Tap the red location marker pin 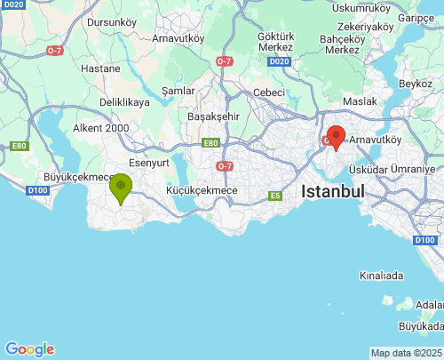pyautogui.click(x=336, y=137)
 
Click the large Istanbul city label pyautogui.click(x=333, y=191)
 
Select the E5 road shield pyautogui.click(x=275, y=196)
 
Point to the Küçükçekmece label pyautogui.click(x=202, y=190)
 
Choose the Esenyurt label pyautogui.click(x=149, y=163)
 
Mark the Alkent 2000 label pyautogui.click(x=100, y=128)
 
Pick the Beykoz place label pyautogui.click(x=415, y=83)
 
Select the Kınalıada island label pyautogui.click(x=383, y=276)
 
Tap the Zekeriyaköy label pyautogui.click(x=366, y=27)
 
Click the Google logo pyautogui.click(x=29, y=349)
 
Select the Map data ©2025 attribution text pyautogui.click(x=405, y=353)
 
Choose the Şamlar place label pyautogui.click(x=178, y=91)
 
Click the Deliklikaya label pyautogui.click(x=124, y=102)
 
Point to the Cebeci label pyautogui.click(x=269, y=92)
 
